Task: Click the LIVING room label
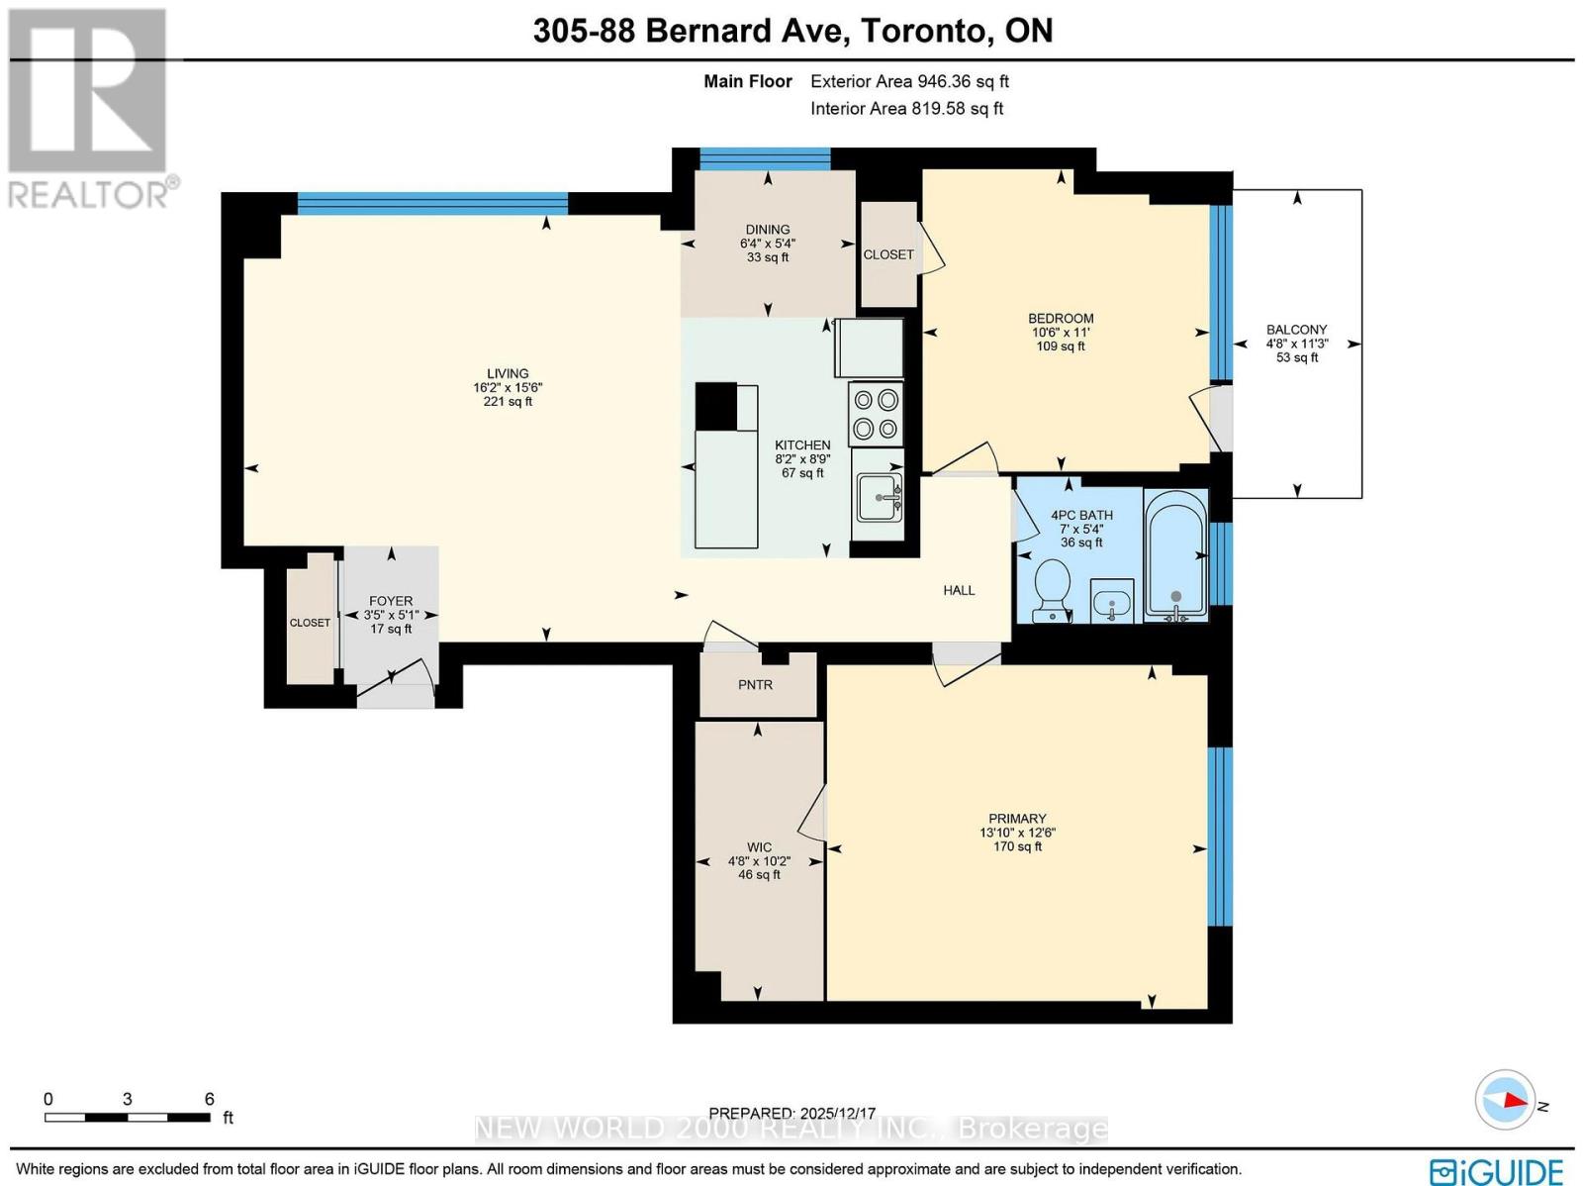[x=507, y=373]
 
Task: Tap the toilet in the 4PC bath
[x=1051, y=590]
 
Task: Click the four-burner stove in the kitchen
[x=876, y=414]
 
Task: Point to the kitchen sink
[x=878, y=496]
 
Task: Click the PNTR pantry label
[x=755, y=685]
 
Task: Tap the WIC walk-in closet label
[x=759, y=847]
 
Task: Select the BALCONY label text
[x=1296, y=330]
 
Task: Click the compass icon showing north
[x=1504, y=1100]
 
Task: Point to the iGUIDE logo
[x=1496, y=1171]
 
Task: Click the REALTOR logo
[x=89, y=109]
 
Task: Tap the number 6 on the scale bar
[x=209, y=1099]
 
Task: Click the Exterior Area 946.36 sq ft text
[x=909, y=82]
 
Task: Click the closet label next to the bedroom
[x=887, y=254]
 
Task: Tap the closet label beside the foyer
[x=310, y=623]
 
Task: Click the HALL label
[x=959, y=590]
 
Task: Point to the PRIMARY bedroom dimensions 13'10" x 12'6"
[x=1017, y=833]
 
